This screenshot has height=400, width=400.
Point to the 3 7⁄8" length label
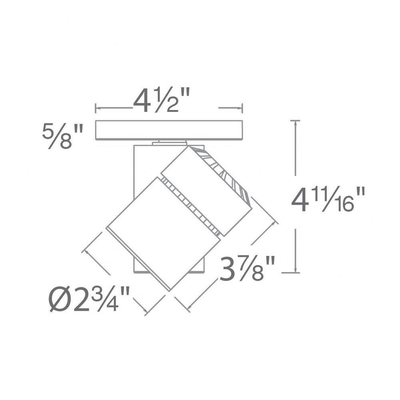(247, 268)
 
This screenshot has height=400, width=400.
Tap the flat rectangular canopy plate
(169, 130)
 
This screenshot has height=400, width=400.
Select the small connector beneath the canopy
(169, 143)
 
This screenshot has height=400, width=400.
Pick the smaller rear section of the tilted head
(207, 191)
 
